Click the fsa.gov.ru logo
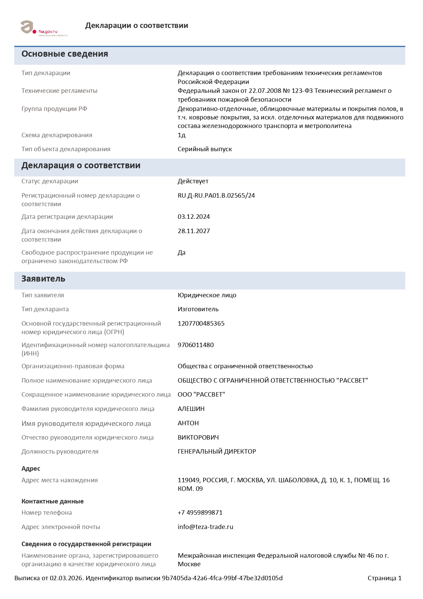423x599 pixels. (44, 28)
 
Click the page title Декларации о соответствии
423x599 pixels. (136, 26)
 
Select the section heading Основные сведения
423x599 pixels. (65, 54)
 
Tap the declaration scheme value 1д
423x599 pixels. (181, 135)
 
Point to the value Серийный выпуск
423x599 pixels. (205, 149)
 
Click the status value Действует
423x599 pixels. (193, 181)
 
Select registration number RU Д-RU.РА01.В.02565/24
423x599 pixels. (216, 196)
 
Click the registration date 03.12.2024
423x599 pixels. (194, 217)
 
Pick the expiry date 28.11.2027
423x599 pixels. (194, 231)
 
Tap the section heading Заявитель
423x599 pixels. (43, 279)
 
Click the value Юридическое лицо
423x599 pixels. (207, 295)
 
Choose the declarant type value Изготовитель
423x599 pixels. (198, 309)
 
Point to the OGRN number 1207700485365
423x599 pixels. (201, 324)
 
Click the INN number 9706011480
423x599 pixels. (195, 345)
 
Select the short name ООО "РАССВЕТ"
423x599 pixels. (201, 395)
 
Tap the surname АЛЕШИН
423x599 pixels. (191, 409)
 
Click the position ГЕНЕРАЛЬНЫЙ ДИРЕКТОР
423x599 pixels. (217, 452)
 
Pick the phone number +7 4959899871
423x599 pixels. (200, 513)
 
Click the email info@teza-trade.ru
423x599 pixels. (205, 527)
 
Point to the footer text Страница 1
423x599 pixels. (384, 578)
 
